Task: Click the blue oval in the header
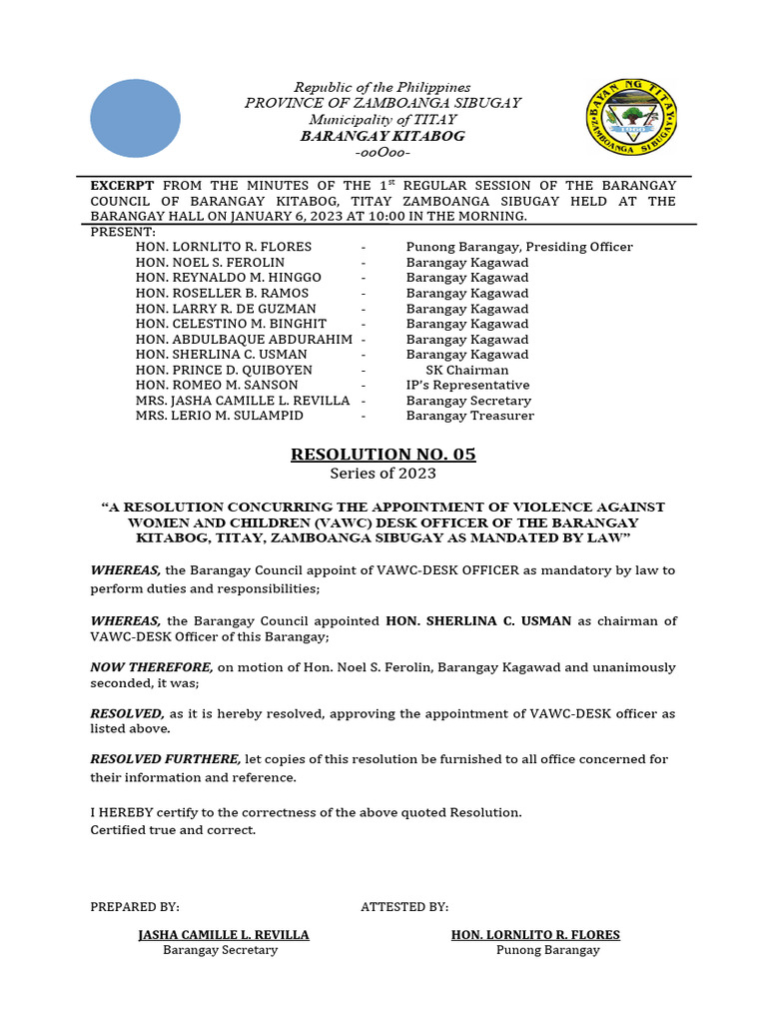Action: point(135,118)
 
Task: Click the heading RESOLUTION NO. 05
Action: point(383,455)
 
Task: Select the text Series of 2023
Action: point(383,474)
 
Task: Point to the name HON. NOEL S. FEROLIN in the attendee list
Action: point(210,263)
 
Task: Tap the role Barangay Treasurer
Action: point(469,416)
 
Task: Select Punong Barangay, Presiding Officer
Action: point(519,247)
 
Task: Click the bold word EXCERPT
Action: point(122,186)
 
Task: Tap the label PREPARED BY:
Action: point(135,907)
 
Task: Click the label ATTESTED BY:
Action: point(404,907)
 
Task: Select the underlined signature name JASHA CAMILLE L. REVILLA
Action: point(223,935)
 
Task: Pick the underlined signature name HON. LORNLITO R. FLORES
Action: point(535,935)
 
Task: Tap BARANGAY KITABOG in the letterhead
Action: point(383,136)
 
